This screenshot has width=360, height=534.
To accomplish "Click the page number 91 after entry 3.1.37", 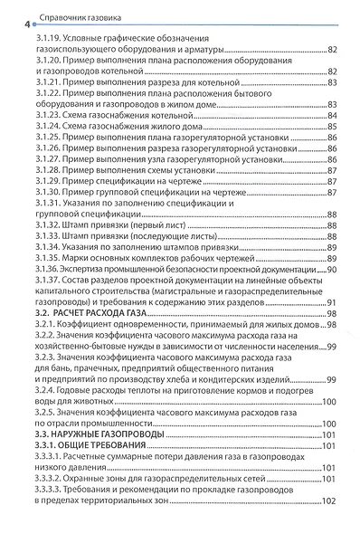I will (x=332, y=301).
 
